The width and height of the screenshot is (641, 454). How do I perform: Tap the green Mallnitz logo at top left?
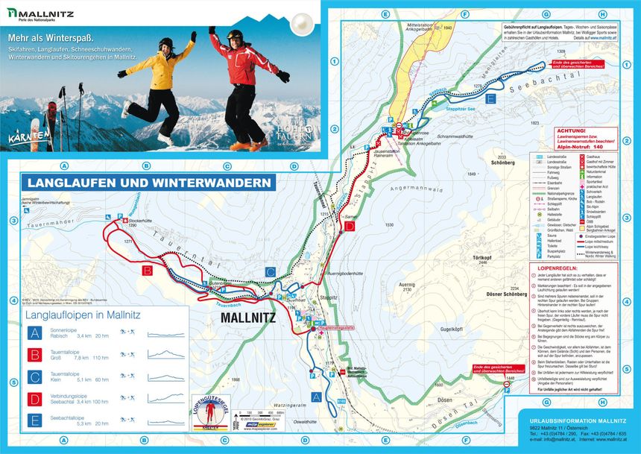click(x=45, y=13)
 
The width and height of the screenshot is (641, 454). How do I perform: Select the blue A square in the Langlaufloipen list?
click(x=34, y=333)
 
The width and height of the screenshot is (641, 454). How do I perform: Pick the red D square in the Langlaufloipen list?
click(x=34, y=399)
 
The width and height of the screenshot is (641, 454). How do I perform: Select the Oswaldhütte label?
click(x=303, y=422)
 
